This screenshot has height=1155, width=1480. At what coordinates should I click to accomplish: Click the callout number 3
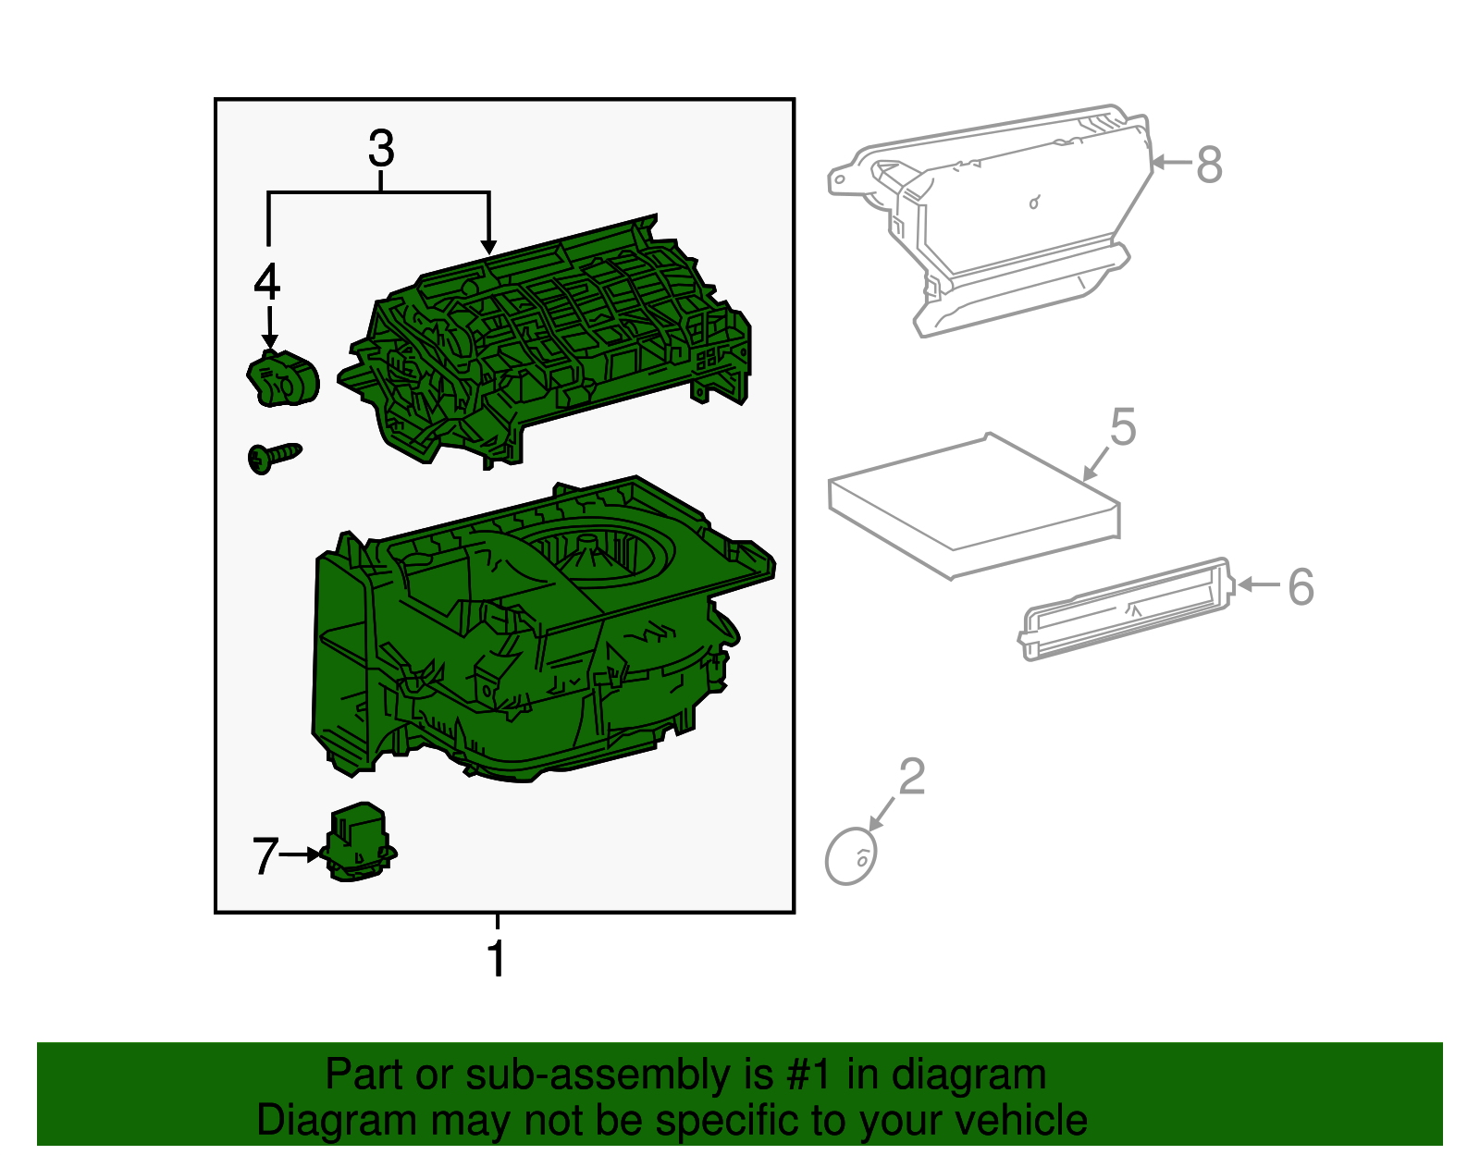pyautogui.click(x=381, y=149)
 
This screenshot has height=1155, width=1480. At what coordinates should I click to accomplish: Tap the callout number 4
pyautogui.click(x=267, y=282)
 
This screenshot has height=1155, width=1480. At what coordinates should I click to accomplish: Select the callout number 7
pyautogui.click(x=265, y=856)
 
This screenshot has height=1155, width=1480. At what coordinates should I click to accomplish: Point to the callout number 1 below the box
pyautogui.click(x=497, y=958)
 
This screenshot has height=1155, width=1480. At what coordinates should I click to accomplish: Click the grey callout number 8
pyautogui.click(x=1209, y=166)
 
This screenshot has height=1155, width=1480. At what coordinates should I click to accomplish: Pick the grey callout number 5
pyautogui.click(x=1123, y=428)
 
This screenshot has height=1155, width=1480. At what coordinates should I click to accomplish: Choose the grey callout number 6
pyautogui.click(x=1301, y=587)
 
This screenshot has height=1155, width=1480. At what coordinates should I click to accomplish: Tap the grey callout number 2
pyautogui.click(x=912, y=777)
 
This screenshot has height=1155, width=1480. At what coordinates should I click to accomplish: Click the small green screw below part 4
pyautogui.click(x=274, y=457)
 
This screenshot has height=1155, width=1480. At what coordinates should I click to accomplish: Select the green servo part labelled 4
pyautogui.click(x=283, y=379)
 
